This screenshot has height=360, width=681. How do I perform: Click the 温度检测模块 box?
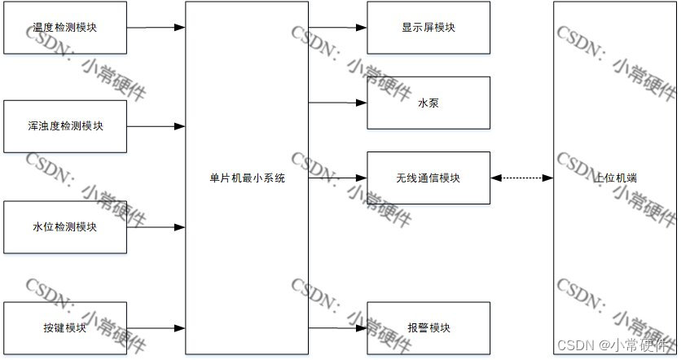[65, 28]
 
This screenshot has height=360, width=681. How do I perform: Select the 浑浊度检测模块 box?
[65, 126]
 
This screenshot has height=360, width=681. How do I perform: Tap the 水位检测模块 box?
[65, 227]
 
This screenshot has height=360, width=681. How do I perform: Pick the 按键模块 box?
[65, 328]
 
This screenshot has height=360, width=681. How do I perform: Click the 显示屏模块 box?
[428, 28]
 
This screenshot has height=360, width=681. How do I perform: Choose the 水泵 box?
[428, 103]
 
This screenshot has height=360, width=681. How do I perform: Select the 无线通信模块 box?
[428, 178]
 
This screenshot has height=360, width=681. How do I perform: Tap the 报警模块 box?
[428, 328]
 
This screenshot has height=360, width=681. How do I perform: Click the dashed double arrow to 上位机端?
[522, 178]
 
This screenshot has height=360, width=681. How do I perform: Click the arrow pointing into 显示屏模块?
[338, 28]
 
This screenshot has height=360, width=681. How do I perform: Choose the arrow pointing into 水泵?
[338, 103]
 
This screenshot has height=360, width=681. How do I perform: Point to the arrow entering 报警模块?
[338, 328]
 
